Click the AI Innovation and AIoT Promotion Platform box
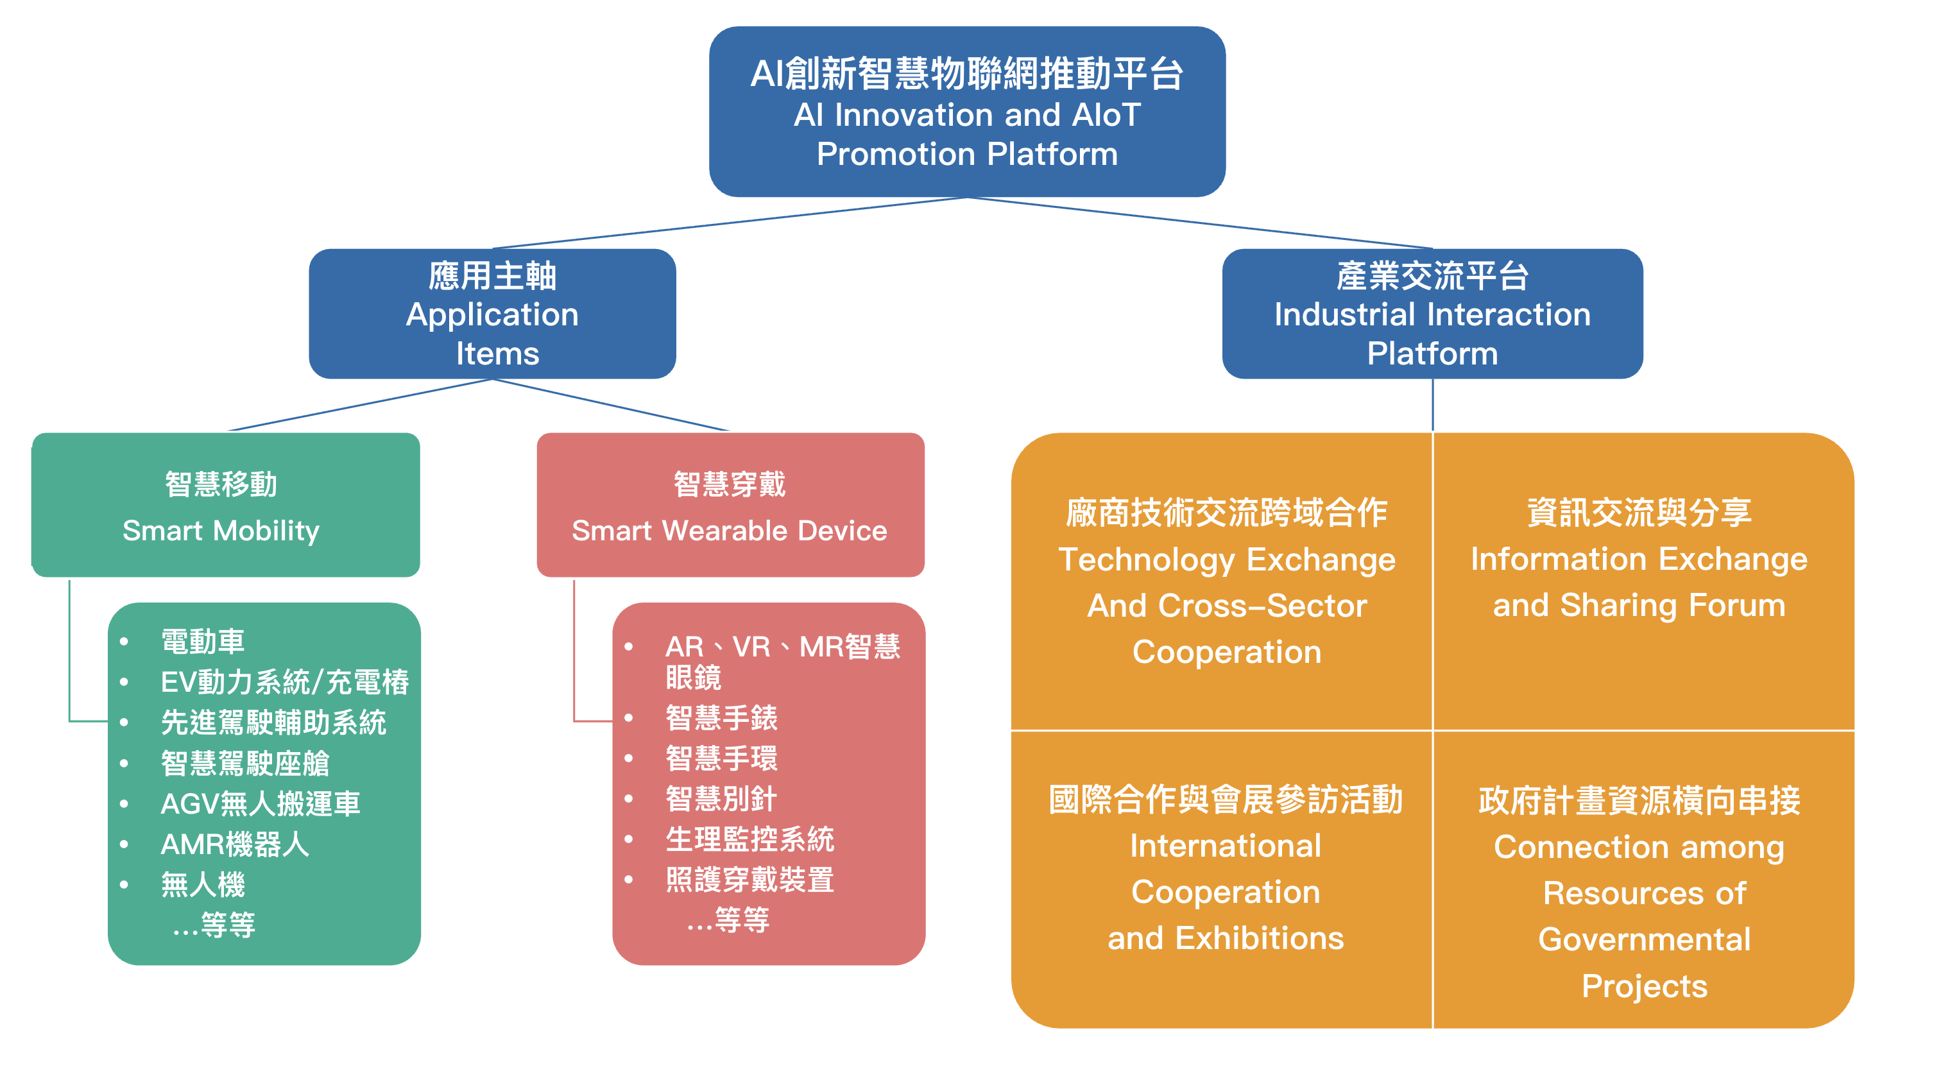(967, 112)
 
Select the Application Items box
(493, 314)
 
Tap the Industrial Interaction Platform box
(1432, 314)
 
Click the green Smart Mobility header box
(225, 504)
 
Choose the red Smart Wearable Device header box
(730, 504)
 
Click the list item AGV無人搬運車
(260, 804)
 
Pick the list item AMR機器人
(234, 844)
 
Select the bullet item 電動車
(203, 642)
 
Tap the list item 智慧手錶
(721, 719)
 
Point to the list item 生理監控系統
(749, 839)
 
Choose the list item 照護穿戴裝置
(749, 880)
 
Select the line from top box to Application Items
(728, 222)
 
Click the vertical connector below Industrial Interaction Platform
(1432, 406)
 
